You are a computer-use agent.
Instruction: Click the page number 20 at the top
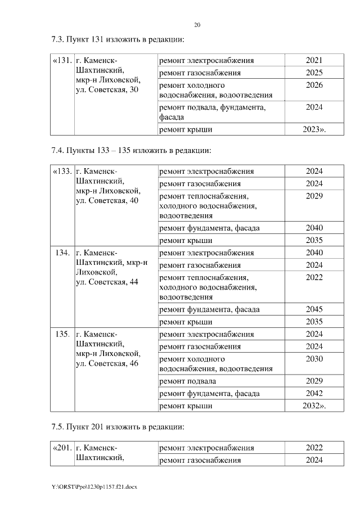(x=197, y=25)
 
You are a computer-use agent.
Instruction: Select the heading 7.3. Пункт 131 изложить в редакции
(x=118, y=40)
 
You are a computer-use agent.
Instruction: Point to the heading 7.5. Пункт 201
(x=118, y=427)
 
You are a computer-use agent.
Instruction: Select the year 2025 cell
(x=314, y=73)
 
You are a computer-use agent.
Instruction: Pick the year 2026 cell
(x=314, y=85)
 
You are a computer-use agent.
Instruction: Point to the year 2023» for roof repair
(x=314, y=130)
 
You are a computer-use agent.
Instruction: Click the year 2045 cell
(x=314, y=309)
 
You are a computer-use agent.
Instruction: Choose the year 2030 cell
(x=314, y=359)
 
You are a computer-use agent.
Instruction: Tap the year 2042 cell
(x=314, y=393)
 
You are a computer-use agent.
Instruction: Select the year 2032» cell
(x=314, y=406)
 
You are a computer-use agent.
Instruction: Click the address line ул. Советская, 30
(x=107, y=91)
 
